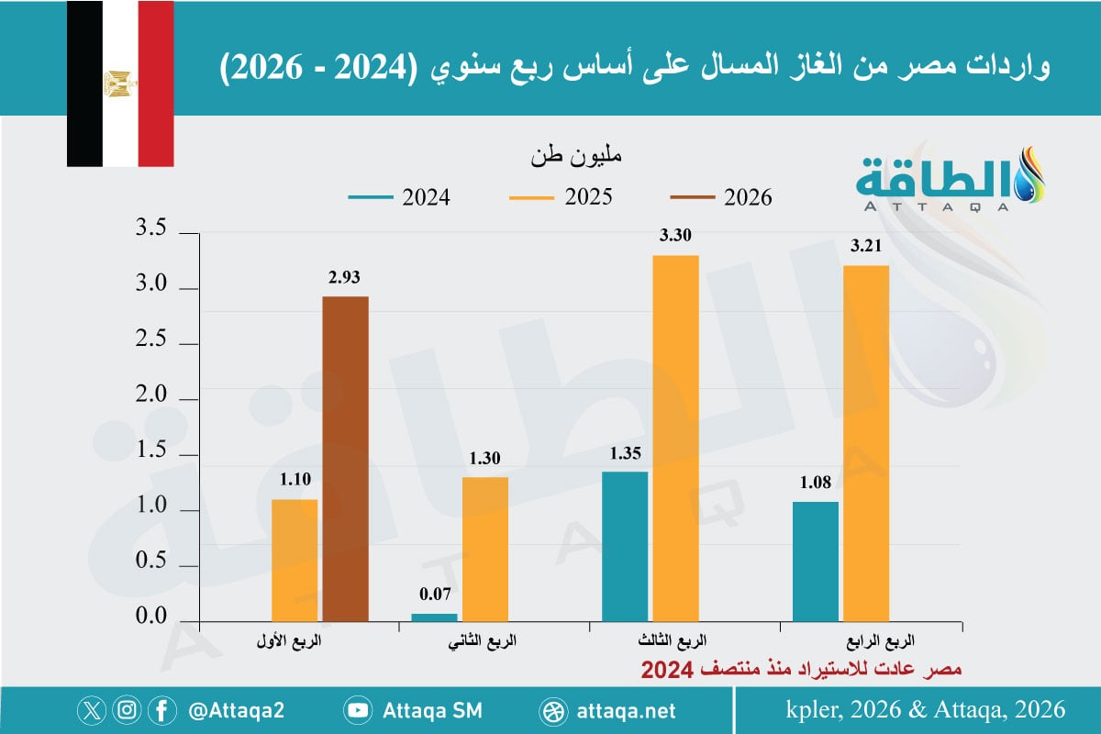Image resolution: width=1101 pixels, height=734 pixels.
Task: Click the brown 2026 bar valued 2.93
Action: click(345, 459)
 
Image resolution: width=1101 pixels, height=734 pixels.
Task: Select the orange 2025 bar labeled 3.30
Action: click(675, 439)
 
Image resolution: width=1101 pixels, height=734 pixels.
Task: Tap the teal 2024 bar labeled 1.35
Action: click(625, 547)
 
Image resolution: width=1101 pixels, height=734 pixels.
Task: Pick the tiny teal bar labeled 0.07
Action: click(434, 617)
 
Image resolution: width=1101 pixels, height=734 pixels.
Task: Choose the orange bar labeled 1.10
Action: click(295, 560)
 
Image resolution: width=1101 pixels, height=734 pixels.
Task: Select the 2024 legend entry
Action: click(399, 197)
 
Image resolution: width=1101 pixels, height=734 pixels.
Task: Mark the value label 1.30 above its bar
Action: click(486, 460)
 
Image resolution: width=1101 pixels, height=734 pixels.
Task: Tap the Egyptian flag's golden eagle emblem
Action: click(120, 83)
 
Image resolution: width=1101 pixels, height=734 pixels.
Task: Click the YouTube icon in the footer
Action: click(357, 710)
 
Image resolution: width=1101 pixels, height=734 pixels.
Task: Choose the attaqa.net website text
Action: click(628, 710)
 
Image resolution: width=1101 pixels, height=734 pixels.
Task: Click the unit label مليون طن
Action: click(575, 156)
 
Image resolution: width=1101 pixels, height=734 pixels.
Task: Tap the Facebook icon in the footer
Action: click(162, 710)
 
